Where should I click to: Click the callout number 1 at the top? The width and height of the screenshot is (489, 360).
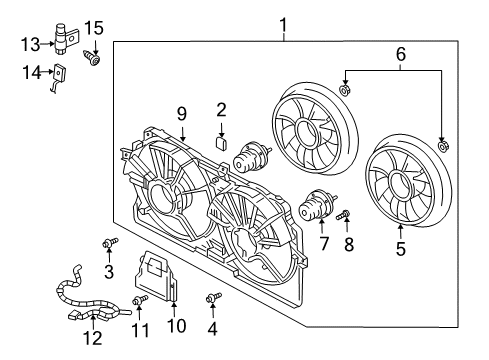click(283, 25)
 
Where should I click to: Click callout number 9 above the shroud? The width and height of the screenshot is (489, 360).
click(183, 116)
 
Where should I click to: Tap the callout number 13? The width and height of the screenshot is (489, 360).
click(30, 43)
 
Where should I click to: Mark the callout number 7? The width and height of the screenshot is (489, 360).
click(322, 243)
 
